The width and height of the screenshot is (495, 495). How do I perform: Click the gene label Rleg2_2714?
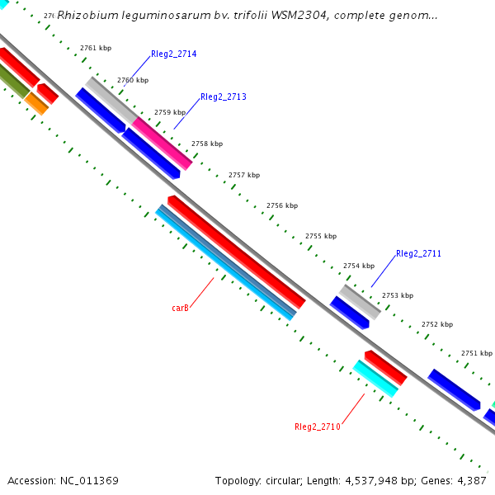click(x=173, y=54)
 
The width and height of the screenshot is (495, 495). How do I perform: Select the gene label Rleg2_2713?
click(x=223, y=97)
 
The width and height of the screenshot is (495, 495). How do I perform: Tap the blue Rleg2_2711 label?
click(x=418, y=253)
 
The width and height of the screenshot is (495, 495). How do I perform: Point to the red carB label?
click(x=181, y=308)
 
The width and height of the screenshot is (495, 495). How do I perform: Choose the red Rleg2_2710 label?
click(x=317, y=427)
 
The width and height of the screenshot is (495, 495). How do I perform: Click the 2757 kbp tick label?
click(x=244, y=175)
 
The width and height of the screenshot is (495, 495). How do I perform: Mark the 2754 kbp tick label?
click(x=359, y=266)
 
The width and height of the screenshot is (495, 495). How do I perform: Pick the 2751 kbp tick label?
click(x=476, y=353)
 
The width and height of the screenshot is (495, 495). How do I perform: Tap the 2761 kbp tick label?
click(x=96, y=48)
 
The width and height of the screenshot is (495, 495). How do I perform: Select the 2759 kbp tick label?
click(x=170, y=112)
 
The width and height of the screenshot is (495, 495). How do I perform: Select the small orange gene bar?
click(x=36, y=103)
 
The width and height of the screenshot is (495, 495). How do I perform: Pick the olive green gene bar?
click(x=12, y=80)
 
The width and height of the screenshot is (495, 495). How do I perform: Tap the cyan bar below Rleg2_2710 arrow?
click(x=375, y=379)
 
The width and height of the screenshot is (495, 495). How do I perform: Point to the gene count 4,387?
click(x=472, y=480)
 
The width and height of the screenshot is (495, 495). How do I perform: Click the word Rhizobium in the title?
click(x=85, y=15)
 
